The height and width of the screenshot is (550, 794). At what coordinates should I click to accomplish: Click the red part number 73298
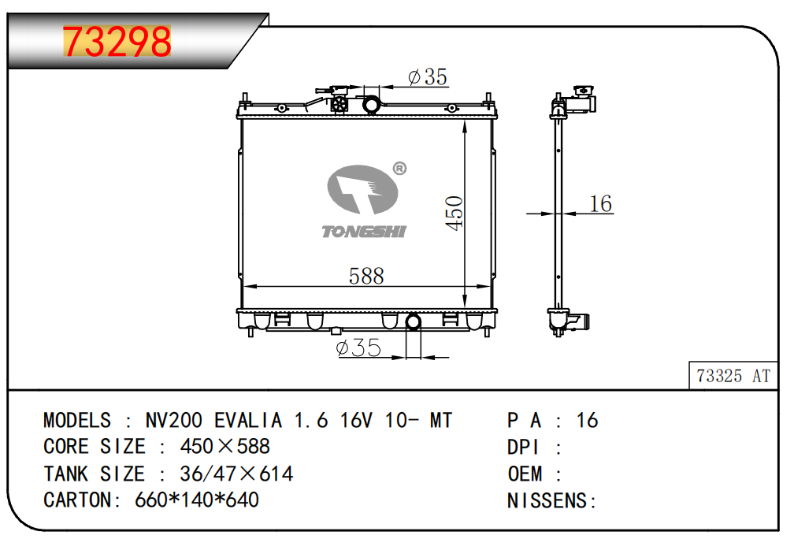pyautogui.click(x=117, y=42)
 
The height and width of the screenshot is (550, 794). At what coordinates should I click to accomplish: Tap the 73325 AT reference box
pyautogui.click(x=733, y=376)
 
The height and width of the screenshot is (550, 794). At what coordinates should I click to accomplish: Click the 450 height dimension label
pyautogui.click(x=455, y=214)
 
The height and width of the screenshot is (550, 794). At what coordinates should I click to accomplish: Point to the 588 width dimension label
pyautogui.click(x=366, y=276)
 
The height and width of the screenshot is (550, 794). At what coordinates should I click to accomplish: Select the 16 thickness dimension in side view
pyautogui.click(x=600, y=203)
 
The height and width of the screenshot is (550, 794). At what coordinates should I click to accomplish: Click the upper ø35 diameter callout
pyautogui.click(x=428, y=77)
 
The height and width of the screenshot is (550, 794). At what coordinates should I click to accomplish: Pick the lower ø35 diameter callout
pyautogui.click(x=358, y=347)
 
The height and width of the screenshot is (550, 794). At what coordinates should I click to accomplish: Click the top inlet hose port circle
pyautogui.click(x=371, y=105)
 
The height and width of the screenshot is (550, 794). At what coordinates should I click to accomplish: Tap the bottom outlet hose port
pyautogui.click(x=414, y=322)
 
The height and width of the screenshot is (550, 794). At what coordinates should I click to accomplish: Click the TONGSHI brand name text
pyautogui.click(x=364, y=232)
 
